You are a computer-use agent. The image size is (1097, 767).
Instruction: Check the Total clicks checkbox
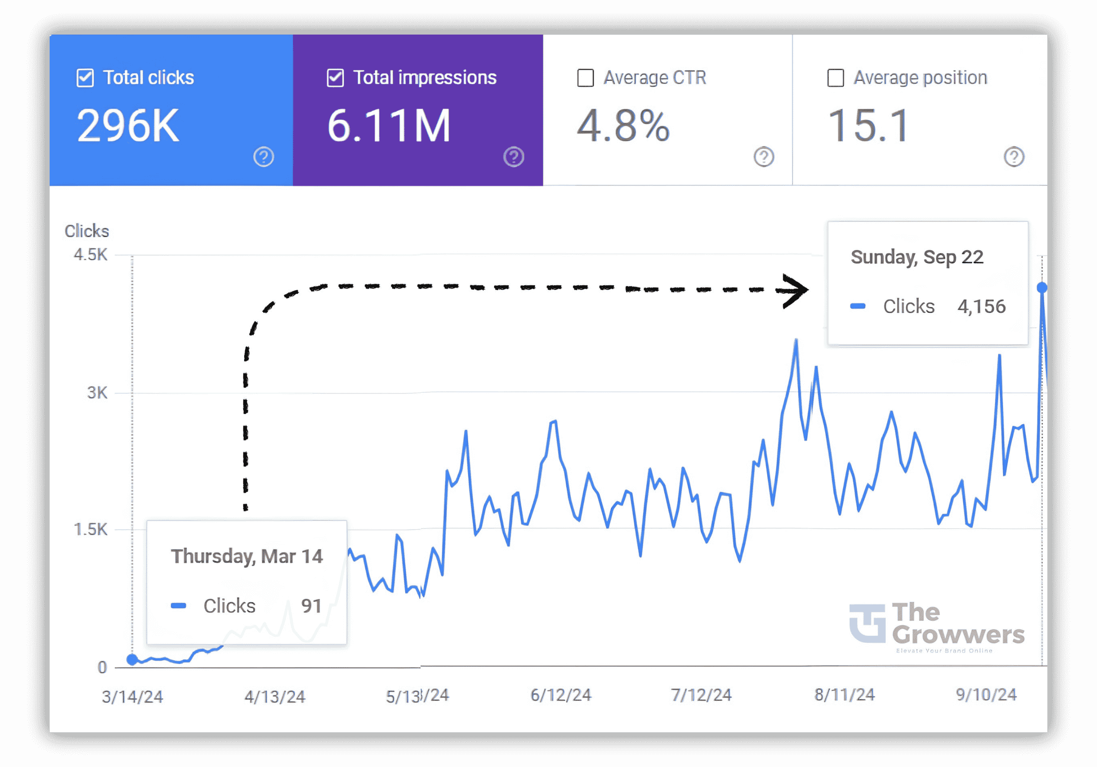[85, 78]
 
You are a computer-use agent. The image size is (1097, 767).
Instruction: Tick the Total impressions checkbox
[335, 78]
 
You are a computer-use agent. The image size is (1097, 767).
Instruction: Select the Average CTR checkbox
[586, 78]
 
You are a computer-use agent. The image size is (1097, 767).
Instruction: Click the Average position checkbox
[835, 78]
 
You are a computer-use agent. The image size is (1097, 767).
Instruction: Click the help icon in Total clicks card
[263, 157]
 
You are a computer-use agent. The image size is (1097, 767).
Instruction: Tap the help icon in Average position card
[1013, 157]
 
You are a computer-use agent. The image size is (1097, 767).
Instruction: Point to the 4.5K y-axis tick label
[90, 254]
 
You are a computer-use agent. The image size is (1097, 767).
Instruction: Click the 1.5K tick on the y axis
[90, 529]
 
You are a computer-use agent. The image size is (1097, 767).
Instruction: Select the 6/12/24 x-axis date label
[561, 695]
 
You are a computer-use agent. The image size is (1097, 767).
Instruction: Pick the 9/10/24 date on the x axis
[986, 695]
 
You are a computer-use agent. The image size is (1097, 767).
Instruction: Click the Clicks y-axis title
[87, 231]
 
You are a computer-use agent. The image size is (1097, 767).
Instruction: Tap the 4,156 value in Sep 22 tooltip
[981, 307]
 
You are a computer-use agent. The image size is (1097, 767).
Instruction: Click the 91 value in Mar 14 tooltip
[311, 606]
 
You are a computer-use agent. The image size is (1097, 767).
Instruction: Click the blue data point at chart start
[133, 659]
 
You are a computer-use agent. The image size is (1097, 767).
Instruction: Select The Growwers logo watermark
[937, 626]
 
